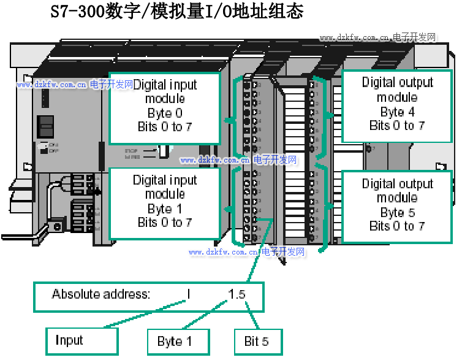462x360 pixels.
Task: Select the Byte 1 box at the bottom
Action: point(178,342)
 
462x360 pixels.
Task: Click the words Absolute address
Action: point(100,294)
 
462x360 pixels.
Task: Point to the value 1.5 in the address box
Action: point(237,294)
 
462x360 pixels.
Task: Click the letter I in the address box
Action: point(189,294)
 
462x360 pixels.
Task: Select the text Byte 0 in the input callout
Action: point(165,113)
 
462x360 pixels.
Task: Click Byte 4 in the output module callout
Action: point(397,112)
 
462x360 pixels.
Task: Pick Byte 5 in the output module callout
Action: point(397,213)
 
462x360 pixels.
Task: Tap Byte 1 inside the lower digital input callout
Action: point(165,209)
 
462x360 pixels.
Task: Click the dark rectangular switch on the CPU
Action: point(45,126)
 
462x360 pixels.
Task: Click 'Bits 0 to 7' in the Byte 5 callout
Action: point(397,226)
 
